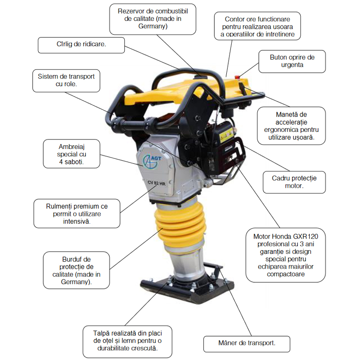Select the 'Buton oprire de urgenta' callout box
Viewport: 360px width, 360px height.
[292, 61]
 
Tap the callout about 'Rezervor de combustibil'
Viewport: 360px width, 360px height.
[153, 18]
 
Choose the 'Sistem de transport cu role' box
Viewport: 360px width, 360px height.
[66, 81]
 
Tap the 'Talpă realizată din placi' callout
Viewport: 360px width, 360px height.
[127, 340]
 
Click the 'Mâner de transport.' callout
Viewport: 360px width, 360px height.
[246, 343]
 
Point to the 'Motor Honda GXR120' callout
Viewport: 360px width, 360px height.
[286, 255]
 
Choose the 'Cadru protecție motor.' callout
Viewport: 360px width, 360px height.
[294, 182]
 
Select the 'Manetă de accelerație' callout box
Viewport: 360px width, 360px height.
[292, 126]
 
